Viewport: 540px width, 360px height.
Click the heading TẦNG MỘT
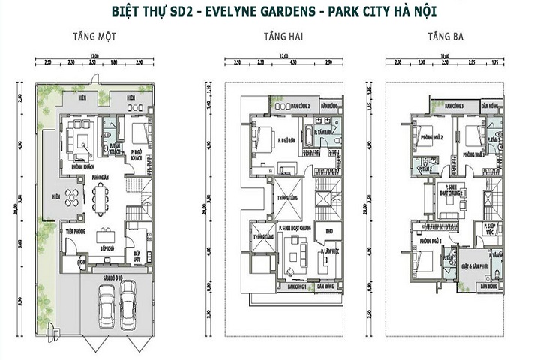coord(91,36)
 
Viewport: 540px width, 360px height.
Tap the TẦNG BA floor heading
coord(444,36)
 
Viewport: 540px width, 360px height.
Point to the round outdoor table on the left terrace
coord(72,196)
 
